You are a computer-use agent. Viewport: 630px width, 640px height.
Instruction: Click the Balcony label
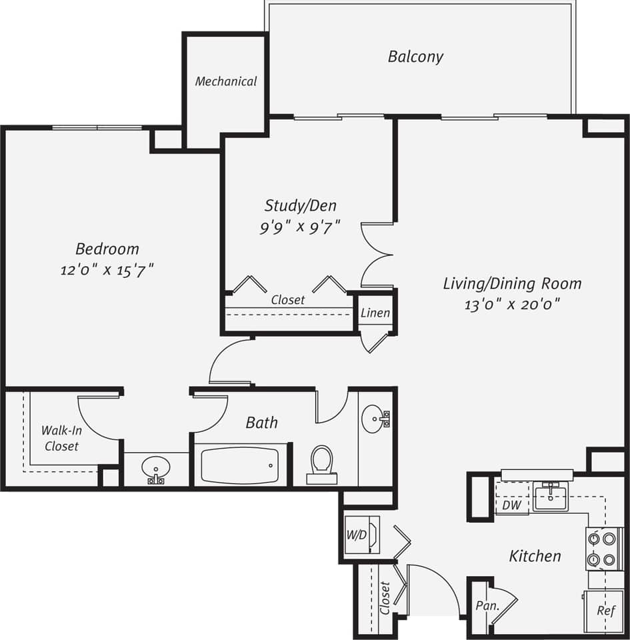point(415,57)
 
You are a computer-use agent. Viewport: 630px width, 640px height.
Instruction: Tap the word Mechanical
point(226,81)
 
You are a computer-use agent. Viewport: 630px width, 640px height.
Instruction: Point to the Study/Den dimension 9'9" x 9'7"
point(300,227)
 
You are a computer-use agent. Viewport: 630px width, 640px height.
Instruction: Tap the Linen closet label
point(375,313)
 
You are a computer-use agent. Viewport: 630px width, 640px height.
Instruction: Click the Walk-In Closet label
point(61,439)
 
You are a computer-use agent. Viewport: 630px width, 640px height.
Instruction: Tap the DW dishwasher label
point(511,506)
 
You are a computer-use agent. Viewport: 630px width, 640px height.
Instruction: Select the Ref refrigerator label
point(605,611)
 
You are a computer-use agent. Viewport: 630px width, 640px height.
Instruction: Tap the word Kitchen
point(535,555)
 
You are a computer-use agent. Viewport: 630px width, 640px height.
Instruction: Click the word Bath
point(261,422)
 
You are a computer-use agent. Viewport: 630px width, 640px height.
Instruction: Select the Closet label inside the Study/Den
point(288,300)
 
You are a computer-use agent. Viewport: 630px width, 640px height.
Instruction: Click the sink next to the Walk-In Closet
point(157,469)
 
